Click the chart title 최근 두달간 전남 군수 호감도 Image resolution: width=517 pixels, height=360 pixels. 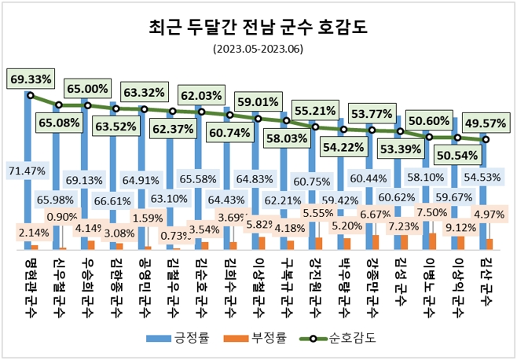258,29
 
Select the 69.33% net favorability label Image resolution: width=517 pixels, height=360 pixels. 31,79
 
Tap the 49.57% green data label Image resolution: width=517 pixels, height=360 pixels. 485,123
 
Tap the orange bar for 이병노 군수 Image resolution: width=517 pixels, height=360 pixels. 432,241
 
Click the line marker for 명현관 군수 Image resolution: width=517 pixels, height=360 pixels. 30,96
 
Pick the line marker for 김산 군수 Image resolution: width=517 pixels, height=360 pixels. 485,140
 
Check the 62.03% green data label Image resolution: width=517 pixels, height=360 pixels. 200,96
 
